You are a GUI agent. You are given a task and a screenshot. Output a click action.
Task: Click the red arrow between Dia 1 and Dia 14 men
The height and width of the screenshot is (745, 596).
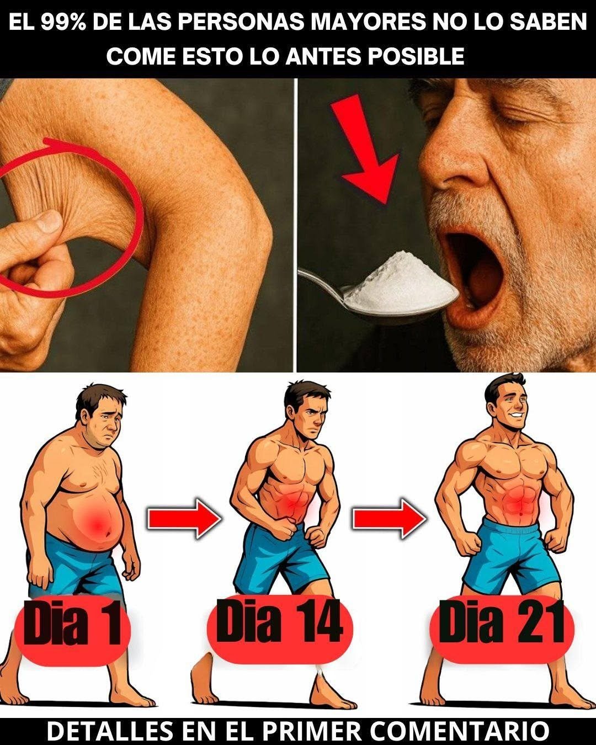[184, 519]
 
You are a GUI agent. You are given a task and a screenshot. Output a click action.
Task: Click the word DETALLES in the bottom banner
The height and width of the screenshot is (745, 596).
[110, 731]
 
